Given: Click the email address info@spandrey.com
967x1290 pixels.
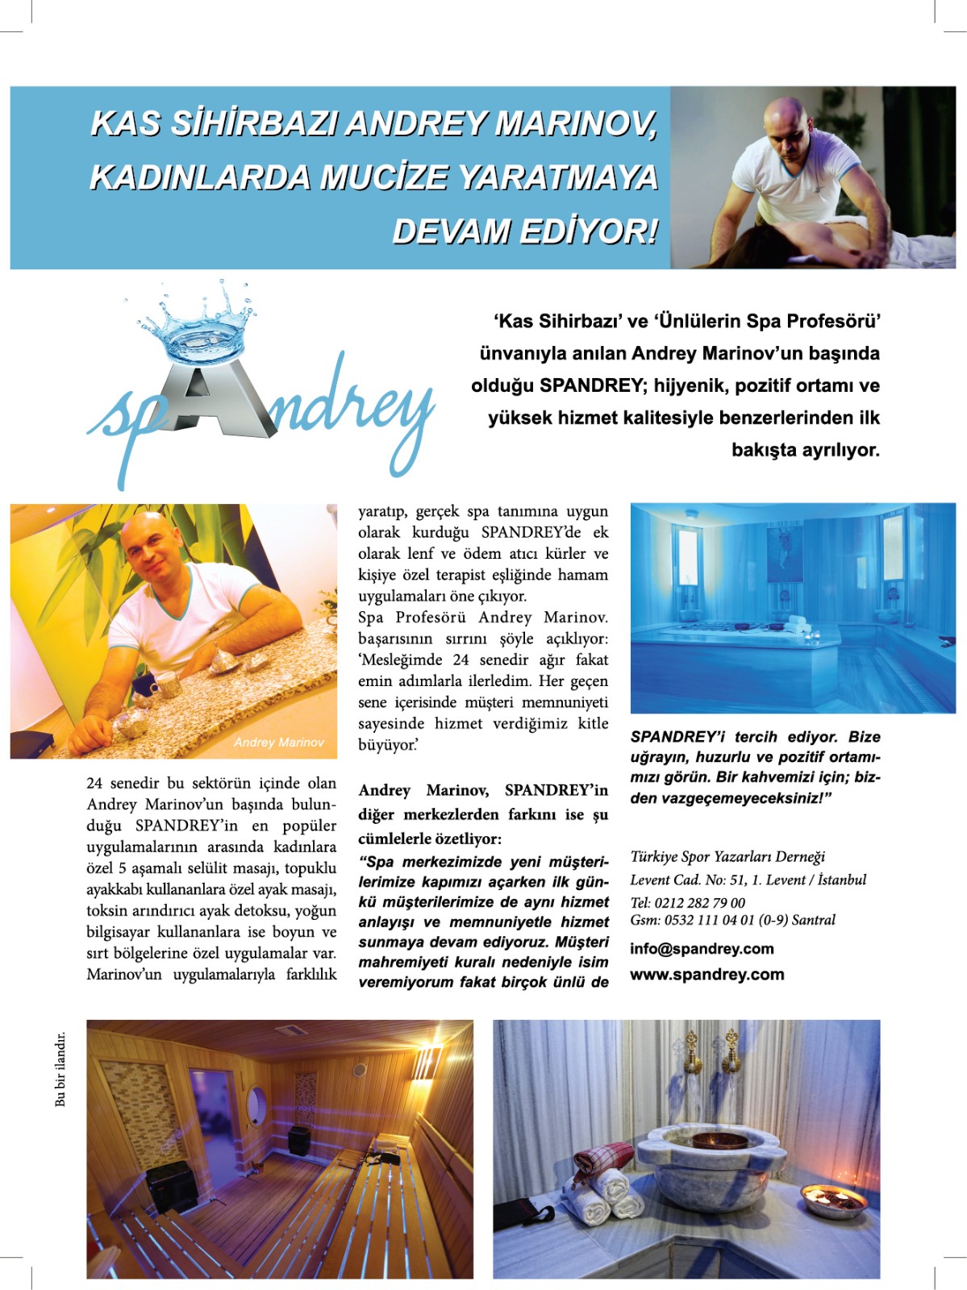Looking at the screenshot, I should pos(702,949).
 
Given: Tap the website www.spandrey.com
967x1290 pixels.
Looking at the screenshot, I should pos(706,975).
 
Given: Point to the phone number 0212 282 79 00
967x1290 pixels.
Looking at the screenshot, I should pos(699,903).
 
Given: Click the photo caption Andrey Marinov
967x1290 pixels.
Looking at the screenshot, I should pos(279,743).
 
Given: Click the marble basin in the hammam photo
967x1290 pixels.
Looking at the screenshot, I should pos(710,1161).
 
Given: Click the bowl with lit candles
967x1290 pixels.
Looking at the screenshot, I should pos(833,1200).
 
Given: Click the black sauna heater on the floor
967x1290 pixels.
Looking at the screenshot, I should pos(171,1185).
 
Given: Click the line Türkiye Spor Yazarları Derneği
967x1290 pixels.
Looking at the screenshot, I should pos(727,856).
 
